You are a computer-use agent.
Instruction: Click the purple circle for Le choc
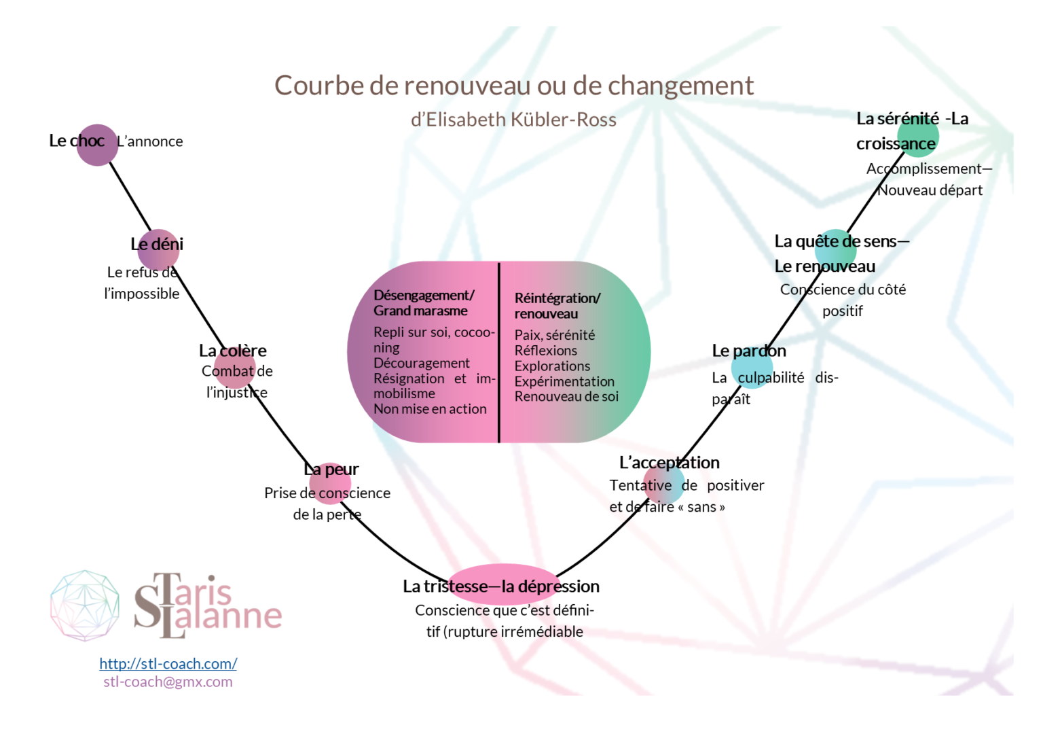[x=97, y=145]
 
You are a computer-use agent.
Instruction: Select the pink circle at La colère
[x=235, y=368]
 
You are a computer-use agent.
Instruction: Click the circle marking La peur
[x=330, y=482]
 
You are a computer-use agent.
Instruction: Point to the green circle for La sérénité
[x=918, y=137]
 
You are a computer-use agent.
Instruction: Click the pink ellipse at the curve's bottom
[x=502, y=584]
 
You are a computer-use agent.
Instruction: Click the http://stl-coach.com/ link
[x=168, y=663]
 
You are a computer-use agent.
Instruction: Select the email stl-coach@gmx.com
[x=168, y=682]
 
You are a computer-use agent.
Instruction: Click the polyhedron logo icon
[x=85, y=605]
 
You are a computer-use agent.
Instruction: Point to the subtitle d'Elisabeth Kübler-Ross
[x=513, y=120]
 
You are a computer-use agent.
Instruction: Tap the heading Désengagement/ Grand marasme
[x=423, y=303]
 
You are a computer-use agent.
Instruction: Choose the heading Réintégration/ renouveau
[x=557, y=306]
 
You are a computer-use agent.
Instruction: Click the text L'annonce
[x=150, y=141]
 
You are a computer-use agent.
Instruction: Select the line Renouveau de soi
[x=566, y=396]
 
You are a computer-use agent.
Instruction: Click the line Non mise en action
[x=430, y=409]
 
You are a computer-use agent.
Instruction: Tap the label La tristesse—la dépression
[x=501, y=586]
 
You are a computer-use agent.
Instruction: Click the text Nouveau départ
[x=930, y=190]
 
